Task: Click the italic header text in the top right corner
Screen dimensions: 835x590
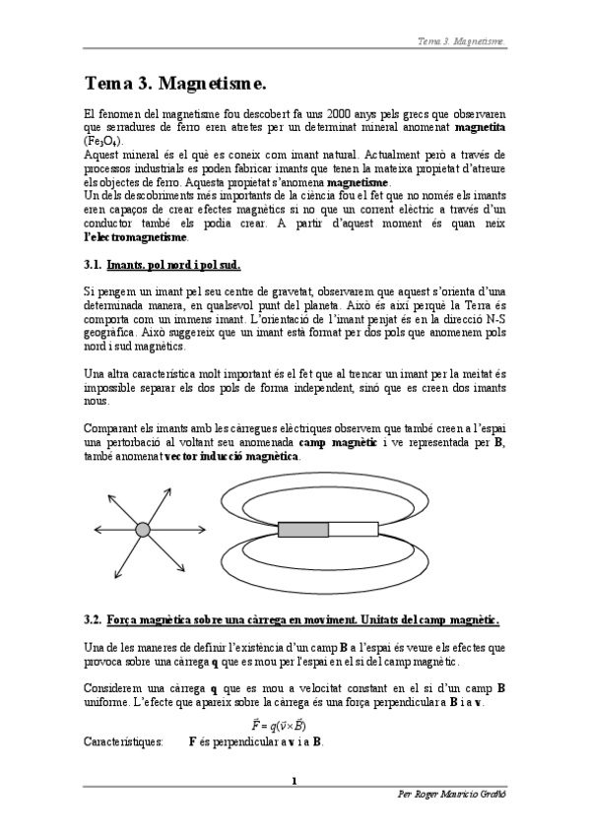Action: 463,41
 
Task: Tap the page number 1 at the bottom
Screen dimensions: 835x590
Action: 295,781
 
